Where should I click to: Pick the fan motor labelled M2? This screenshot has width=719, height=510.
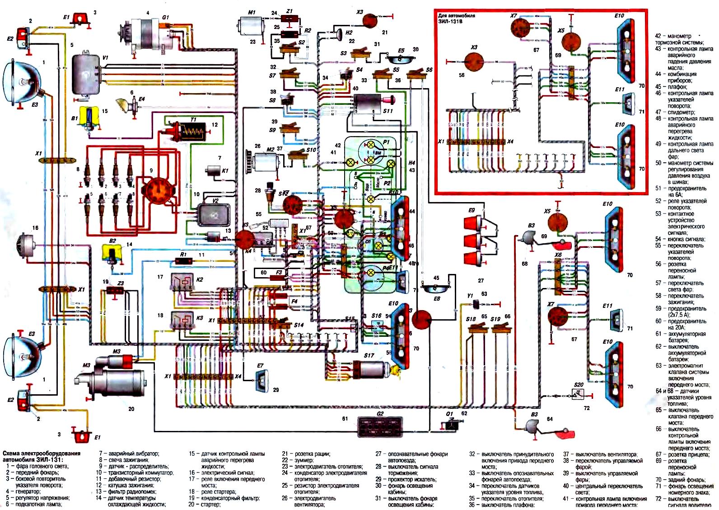266,161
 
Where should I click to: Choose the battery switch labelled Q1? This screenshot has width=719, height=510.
450,425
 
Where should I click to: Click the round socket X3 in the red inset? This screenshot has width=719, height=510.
474,62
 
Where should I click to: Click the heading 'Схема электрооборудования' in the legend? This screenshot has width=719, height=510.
42,453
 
